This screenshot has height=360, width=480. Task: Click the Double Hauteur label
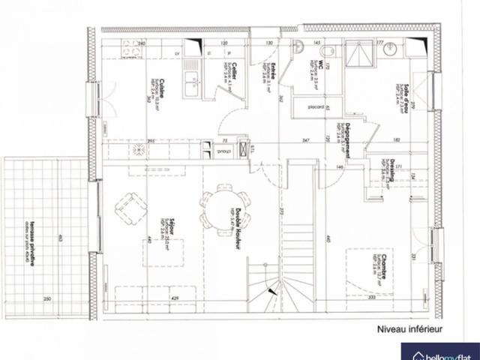tap(238, 229)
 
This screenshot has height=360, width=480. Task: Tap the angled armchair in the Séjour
tap(133, 208)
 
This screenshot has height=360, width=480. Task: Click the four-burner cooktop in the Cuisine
tap(138, 149)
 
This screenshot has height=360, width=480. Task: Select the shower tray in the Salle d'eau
tap(360, 51)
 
